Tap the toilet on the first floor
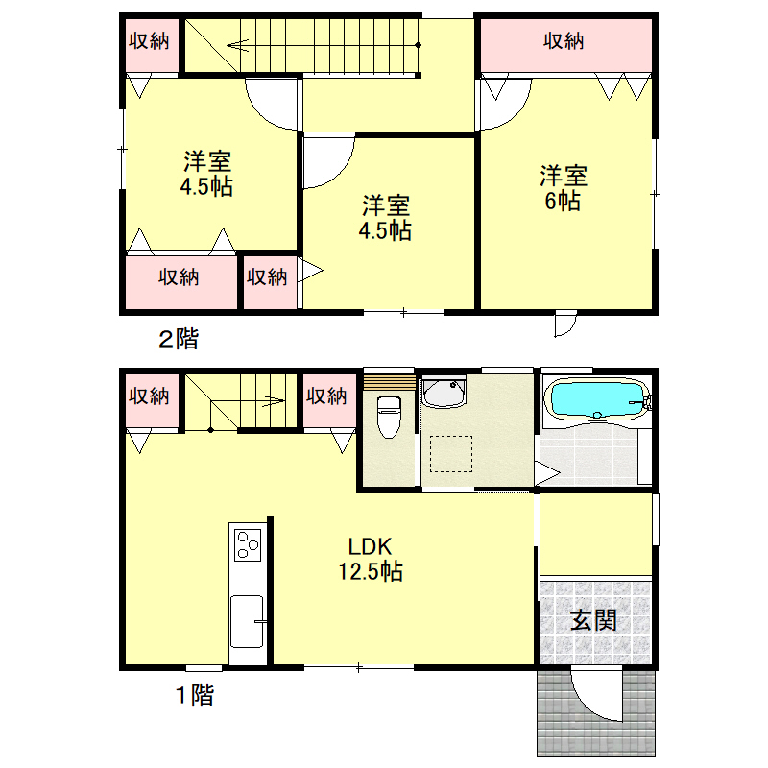(x=389, y=418)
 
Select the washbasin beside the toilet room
(x=444, y=393)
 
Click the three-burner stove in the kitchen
(x=248, y=544)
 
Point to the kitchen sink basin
(x=247, y=620)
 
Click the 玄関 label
(x=593, y=621)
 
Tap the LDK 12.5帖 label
(x=371, y=559)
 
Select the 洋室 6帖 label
(x=564, y=188)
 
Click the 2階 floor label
(x=179, y=339)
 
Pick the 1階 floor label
(x=195, y=694)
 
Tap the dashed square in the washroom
(x=451, y=454)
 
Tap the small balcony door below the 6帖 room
(x=565, y=324)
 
